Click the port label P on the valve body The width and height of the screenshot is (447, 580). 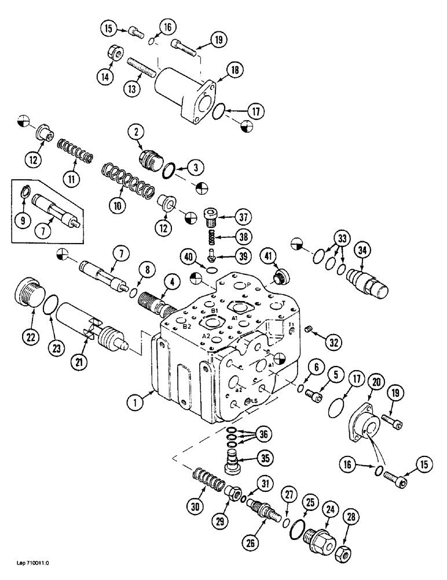coord(248,285)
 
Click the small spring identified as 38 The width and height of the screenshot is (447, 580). coord(212,237)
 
